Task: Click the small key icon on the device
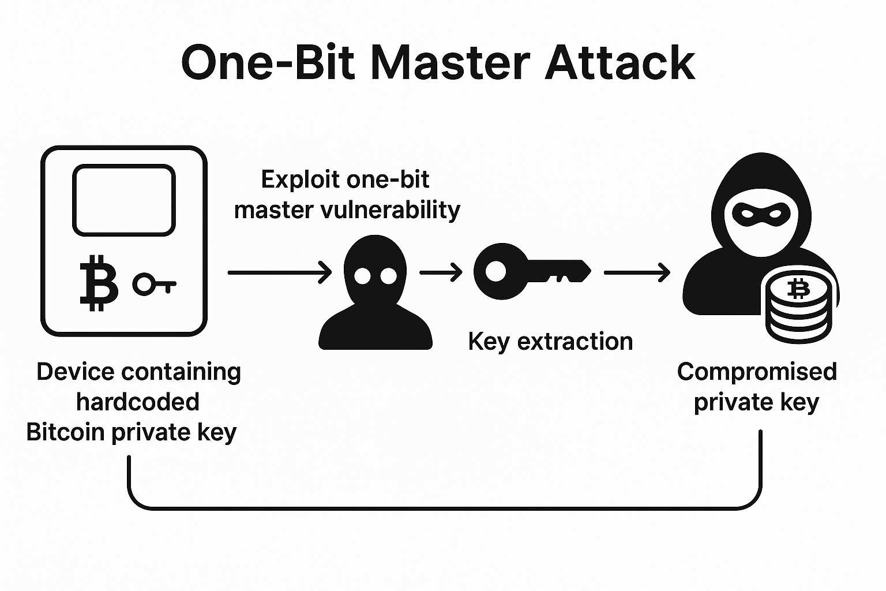point(153,284)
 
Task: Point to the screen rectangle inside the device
point(123,200)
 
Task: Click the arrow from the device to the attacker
point(280,272)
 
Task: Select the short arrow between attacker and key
point(441,272)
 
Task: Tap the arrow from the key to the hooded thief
point(636,272)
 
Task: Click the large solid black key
point(531,271)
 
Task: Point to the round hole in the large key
point(495,271)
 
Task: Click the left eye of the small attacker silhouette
point(362,276)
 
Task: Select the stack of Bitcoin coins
point(799,309)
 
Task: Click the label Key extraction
point(550,342)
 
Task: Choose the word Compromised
point(756,372)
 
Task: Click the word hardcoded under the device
point(137,402)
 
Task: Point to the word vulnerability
point(392,210)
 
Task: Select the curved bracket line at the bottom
point(444,508)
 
